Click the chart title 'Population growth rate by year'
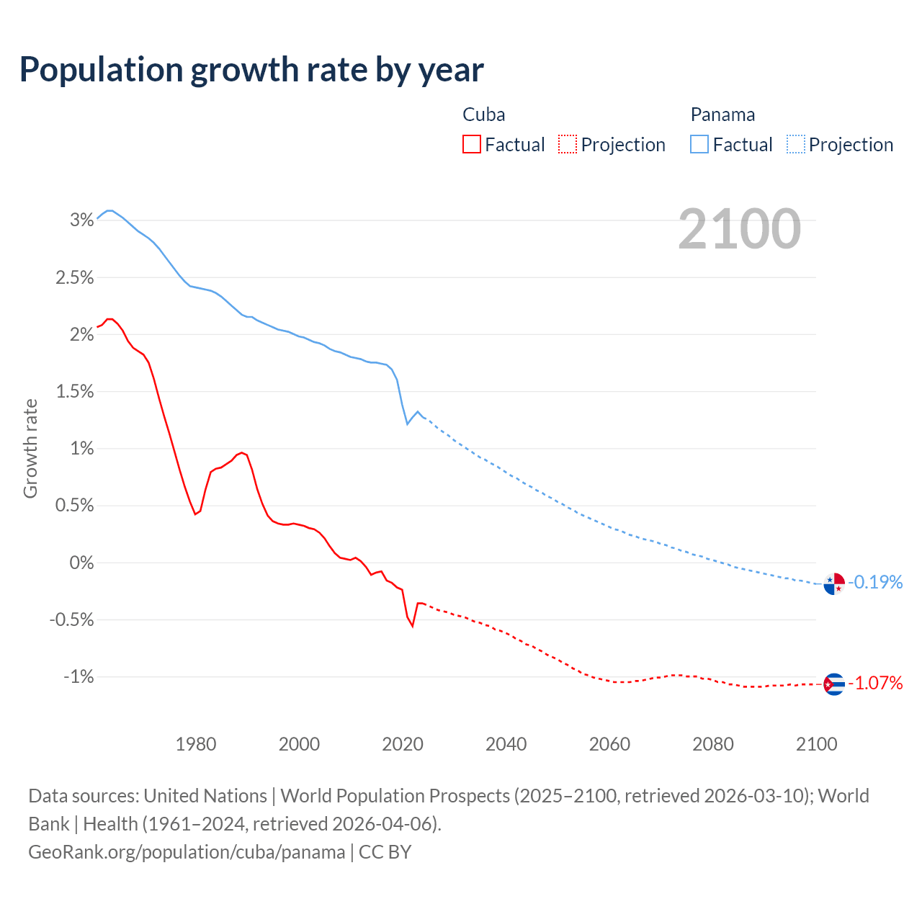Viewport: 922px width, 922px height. point(251,70)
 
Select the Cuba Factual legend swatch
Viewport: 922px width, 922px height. point(472,145)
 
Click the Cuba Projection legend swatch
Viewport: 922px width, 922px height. point(568,145)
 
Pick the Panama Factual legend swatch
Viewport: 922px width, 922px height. point(699,145)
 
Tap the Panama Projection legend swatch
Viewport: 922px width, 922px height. point(795,145)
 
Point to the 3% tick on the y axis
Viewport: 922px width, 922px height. point(81,220)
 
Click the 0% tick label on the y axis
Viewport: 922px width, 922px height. point(81,563)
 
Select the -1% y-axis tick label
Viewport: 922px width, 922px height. point(79,677)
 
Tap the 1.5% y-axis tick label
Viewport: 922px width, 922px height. point(75,392)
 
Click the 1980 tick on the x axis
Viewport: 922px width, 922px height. point(196,744)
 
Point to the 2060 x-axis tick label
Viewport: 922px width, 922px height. point(609,744)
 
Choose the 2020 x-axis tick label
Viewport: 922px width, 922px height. point(403,744)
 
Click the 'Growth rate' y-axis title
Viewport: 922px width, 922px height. point(30,448)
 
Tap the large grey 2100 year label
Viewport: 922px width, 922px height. point(739,229)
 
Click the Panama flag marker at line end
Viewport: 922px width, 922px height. point(834,583)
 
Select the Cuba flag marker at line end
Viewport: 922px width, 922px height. point(834,684)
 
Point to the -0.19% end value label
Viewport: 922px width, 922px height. point(876,582)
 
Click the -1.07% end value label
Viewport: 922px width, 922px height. point(876,683)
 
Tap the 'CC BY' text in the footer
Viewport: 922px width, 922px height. point(385,852)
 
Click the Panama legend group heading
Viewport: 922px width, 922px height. point(722,115)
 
